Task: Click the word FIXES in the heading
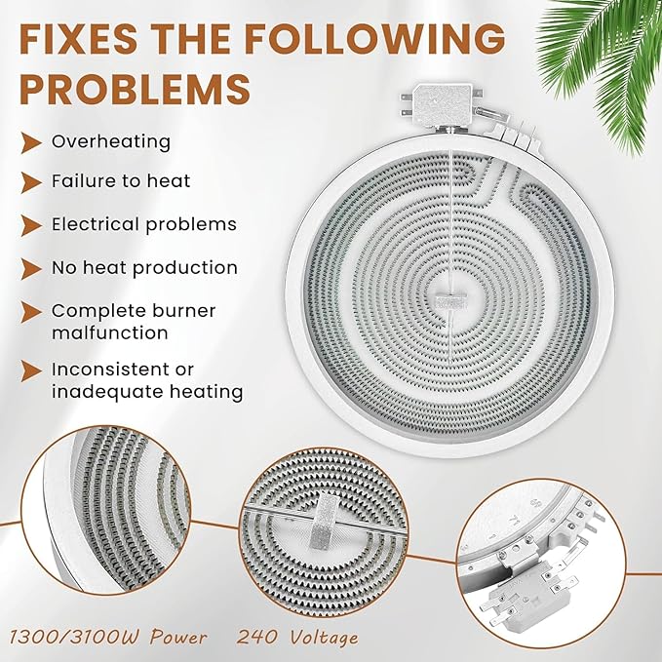[x=78, y=38]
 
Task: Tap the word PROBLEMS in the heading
[x=135, y=90]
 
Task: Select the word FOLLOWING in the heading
[x=375, y=38]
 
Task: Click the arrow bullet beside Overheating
[x=31, y=142]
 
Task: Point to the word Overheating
[x=111, y=142]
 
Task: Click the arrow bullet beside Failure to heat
[x=31, y=182]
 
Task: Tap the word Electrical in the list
[x=96, y=224]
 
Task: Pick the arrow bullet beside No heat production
[x=31, y=269]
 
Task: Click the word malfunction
[x=110, y=332]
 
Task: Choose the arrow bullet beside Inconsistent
[x=31, y=370]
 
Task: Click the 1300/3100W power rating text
[x=108, y=637]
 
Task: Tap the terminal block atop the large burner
[x=442, y=106]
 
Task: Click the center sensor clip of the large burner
[x=450, y=300]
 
